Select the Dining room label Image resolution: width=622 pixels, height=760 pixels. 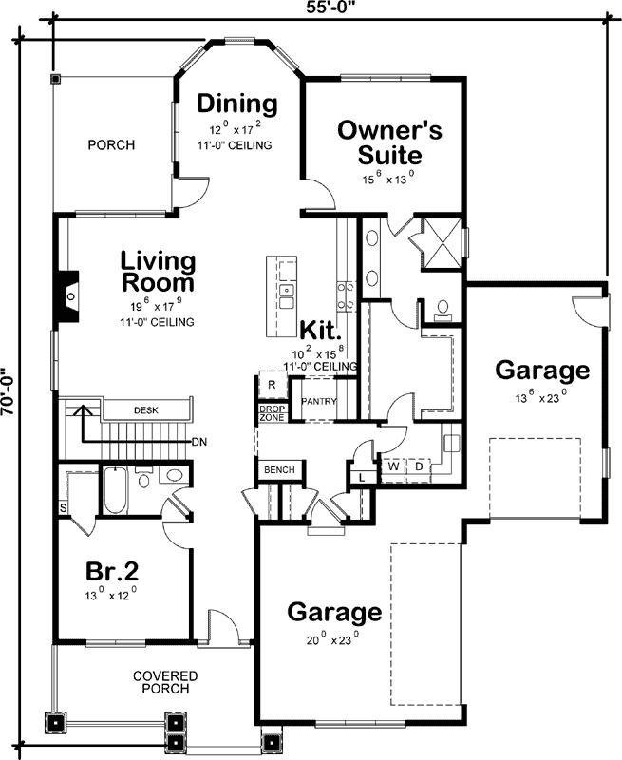(237, 103)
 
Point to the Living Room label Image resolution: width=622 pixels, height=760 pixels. (158, 271)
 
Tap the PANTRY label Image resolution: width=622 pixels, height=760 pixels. (319, 402)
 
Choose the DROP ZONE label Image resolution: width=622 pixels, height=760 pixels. (272, 413)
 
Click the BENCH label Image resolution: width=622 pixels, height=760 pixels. (279, 470)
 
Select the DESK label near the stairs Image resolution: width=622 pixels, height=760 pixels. (146, 410)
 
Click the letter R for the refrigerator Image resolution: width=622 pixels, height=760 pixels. (271, 385)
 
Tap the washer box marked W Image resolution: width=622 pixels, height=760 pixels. (391, 466)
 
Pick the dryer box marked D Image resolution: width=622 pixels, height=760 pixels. (418, 466)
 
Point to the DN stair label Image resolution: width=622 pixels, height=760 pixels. (199, 442)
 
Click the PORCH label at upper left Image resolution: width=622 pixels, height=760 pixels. (111, 145)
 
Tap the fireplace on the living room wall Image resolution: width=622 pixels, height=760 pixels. (68, 293)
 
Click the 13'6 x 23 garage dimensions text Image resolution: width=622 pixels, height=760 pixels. (541, 397)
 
